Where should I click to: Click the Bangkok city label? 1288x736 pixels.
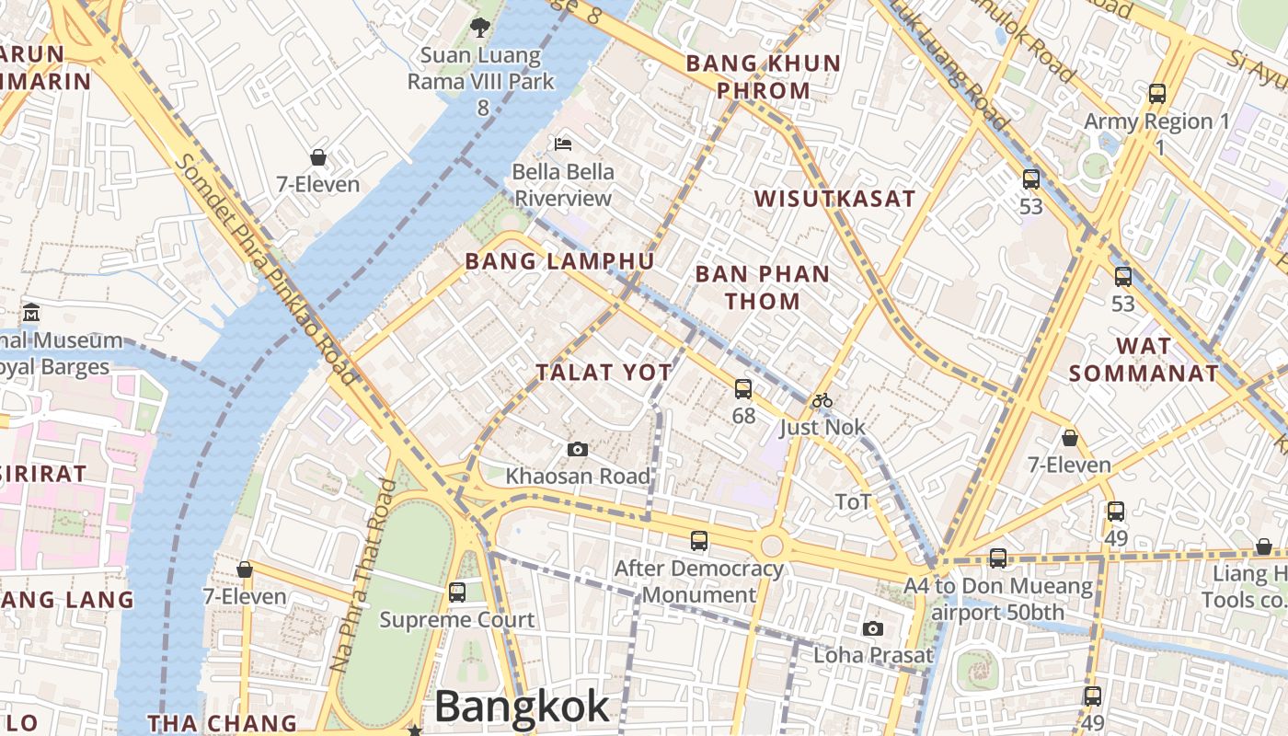522,707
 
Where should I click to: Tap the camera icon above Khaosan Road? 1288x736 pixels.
578,449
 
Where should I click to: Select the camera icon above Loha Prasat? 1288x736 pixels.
873,629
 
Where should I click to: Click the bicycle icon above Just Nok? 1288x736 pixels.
822,400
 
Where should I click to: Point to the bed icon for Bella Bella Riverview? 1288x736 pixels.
563,144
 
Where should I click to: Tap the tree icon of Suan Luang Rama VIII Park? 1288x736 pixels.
479,28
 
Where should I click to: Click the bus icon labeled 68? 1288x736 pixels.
743,389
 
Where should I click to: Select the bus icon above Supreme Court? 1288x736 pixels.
457,592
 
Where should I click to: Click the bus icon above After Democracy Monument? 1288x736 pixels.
699,541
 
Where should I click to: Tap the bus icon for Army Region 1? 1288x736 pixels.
1157,94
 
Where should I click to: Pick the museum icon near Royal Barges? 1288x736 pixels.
31,313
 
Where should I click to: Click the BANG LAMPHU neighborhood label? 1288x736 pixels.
559,261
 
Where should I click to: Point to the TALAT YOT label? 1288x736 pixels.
604,372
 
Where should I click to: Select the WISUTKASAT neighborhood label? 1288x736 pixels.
834,199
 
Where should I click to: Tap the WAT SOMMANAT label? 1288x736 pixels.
1144,360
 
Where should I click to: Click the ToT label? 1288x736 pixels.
853,501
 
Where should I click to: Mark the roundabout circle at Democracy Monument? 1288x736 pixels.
772,546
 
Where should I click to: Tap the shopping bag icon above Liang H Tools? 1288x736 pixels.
1264,547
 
